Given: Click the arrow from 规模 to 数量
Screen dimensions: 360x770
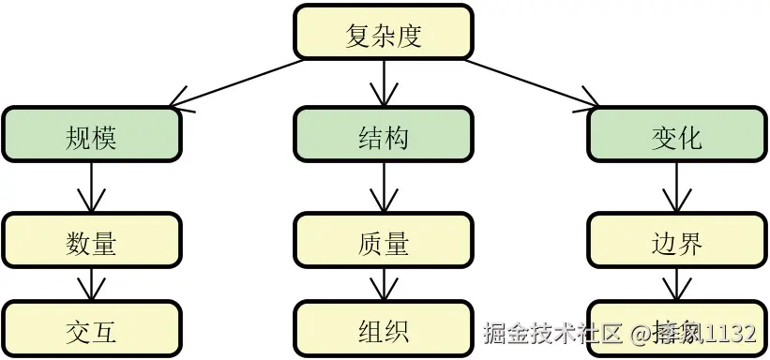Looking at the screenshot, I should click(x=91, y=187).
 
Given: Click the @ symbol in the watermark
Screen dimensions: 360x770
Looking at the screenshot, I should click(x=641, y=333).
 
